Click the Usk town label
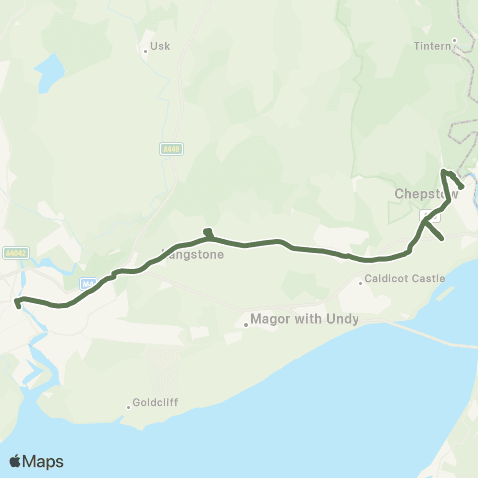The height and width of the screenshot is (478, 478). click(160, 48)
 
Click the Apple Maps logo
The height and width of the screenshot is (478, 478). click(36, 461)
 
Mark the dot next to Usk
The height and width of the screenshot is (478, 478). click(145, 48)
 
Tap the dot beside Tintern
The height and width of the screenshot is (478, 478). click(454, 41)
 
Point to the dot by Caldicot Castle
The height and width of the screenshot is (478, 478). click(362, 282)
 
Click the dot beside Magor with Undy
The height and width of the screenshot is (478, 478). click(246, 321)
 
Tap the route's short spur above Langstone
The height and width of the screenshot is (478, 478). click(207, 233)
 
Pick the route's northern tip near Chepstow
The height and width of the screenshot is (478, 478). click(443, 172)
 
